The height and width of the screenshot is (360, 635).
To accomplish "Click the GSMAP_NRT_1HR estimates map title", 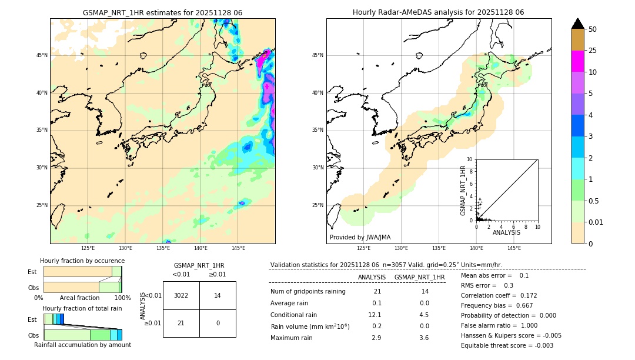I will click(x=162, y=12).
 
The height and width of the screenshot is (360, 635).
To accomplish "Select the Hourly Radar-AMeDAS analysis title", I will click(x=438, y=12).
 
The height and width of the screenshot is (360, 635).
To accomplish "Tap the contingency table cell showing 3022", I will click(x=181, y=295).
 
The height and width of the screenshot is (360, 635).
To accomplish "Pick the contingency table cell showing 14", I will click(x=218, y=295).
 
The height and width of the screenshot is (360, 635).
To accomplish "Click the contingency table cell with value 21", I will click(x=181, y=323).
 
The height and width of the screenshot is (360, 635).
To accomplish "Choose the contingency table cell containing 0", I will click(x=218, y=323).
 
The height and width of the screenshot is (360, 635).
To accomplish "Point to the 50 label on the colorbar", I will click(x=593, y=29).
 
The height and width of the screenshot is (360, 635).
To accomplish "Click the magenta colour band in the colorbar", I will click(x=578, y=61).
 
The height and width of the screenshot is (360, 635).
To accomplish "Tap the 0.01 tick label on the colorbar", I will click(x=596, y=222).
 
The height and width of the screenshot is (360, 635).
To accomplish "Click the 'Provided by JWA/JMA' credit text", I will click(x=360, y=238).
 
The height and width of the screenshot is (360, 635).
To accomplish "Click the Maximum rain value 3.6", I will click(x=423, y=338).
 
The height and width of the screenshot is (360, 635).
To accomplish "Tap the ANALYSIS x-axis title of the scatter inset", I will click(x=506, y=232).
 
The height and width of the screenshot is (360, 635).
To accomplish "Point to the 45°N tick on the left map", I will click(x=42, y=55).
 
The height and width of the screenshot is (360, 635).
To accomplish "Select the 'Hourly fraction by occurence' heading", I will click(x=82, y=261).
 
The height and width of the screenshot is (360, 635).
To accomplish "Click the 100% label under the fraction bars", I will click(x=122, y=298).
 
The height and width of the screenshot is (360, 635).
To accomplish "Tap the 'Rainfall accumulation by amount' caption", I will click(x=82, y=345).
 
